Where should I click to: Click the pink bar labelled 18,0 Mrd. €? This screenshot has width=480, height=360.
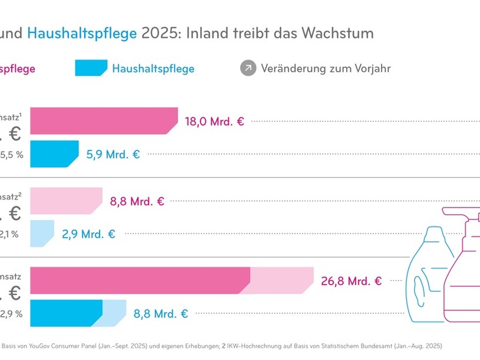pyautogui.click(x=103, y=121)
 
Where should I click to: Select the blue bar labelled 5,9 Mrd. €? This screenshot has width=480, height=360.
pyautogui.click(x=54, y=154)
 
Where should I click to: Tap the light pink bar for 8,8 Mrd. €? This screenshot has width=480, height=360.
pyautogui.click(x=65, y=201)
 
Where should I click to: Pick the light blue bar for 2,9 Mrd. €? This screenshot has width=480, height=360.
pyautogui.click(x=42, y=233)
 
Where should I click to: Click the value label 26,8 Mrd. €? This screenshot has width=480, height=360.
pyautogui.click(x=352, y=280)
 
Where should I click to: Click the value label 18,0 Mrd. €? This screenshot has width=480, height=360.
pyautogui.click(x=214, y=121)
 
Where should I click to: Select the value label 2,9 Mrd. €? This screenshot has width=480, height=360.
pyautogui.click(x=88, y=233)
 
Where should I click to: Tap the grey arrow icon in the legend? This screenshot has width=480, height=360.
pyautogui.click(x=248, y=68)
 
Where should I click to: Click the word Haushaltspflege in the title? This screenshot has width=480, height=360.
pyautogui.click(x=82, y=33)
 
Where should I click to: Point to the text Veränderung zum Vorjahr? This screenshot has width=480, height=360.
pyautogui.click(x=326, y=68)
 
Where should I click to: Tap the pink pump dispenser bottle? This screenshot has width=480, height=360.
pyautogui.click(x=466, y=264)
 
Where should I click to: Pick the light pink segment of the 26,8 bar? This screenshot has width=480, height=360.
pyautogui.click(x=281, y=280)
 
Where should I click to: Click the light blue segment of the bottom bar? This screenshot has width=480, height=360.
pyautogui.click(x=113, y=313)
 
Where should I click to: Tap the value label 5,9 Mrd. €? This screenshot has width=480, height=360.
pyautogui.click(x=113, y=154)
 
